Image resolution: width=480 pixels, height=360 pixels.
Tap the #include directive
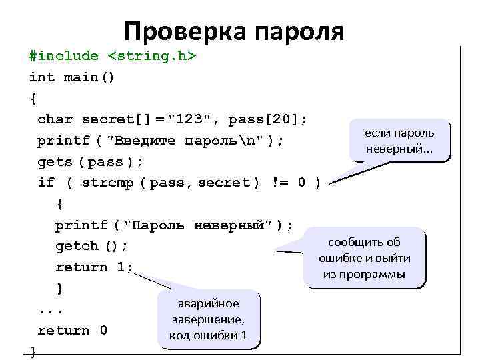[63, 56]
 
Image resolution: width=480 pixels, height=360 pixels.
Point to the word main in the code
[81, 77]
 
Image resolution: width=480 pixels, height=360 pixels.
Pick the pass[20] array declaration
[267, 120]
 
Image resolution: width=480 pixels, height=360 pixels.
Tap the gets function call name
[55, 162]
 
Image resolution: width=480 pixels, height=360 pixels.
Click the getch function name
[77, 246]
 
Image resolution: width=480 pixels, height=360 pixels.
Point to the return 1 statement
[94, 267]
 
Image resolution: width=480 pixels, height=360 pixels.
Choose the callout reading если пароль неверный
[399, 141]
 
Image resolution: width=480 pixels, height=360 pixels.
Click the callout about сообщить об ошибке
[365, 258]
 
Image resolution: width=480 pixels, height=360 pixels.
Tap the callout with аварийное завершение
[208, 319]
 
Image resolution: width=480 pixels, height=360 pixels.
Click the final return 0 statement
[72, 331]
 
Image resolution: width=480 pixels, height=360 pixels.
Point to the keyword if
[46, 183]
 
